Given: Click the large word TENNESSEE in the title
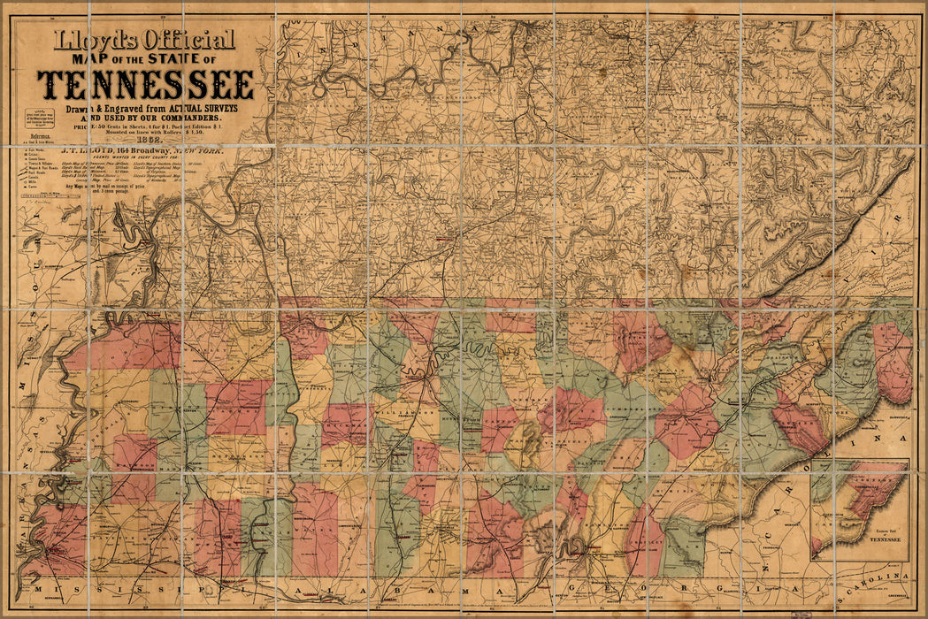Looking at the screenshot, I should pyautogui.click(x=146, y=84).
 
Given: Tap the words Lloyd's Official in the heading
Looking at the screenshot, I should pyautogui.click(x=146, y=40).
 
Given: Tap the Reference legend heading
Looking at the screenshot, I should pyautogui.click(x=41, y=137).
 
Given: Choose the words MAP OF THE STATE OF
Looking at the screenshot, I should pyautogui.click(x=146, y=59).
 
